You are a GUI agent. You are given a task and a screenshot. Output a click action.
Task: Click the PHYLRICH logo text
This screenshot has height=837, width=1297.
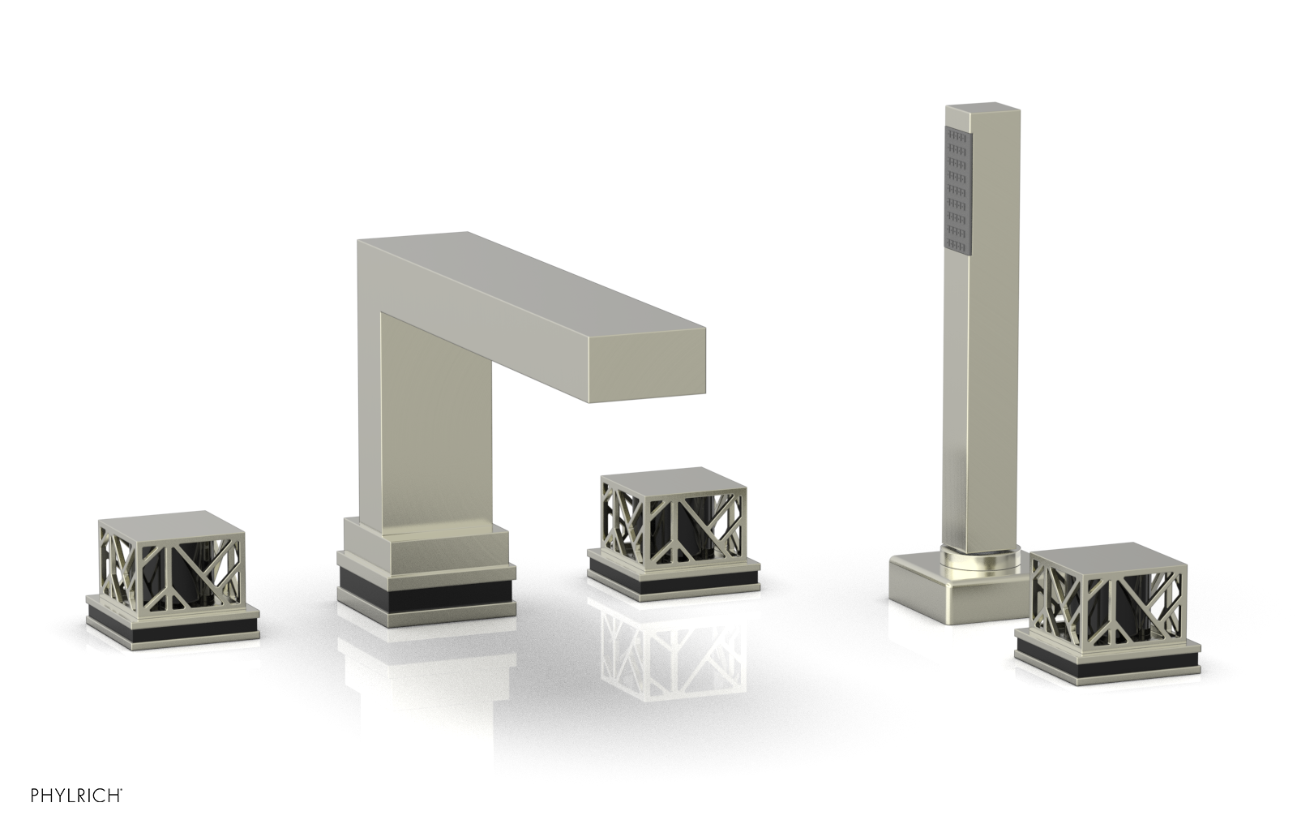[x=76, y=812]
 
